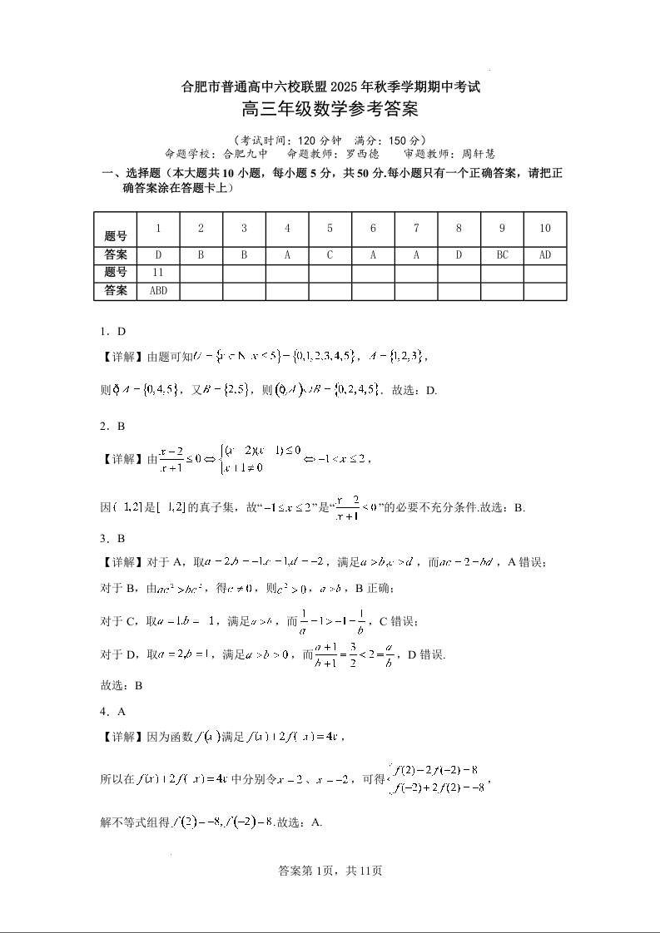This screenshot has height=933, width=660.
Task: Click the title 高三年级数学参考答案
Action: tap(330, 109)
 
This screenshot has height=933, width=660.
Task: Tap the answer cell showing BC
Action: tap(502, 254)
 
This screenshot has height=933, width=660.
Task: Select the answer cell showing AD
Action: tap(545, 254)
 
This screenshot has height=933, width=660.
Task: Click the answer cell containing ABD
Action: tap(158, 291)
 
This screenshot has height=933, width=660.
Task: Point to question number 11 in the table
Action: tap(158, 273)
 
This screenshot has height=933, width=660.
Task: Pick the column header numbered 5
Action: tap(330, 229)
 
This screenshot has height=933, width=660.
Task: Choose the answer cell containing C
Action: tap(330, 254)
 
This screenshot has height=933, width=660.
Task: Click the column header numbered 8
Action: tap(459, 229)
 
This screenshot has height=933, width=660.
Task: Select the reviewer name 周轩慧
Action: tap(478, 154)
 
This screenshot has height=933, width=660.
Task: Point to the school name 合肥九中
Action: tap(247, 154)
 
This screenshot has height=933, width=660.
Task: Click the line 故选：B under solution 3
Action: tap(122, 686)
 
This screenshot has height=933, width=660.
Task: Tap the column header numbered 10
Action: tap(545, 229)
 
